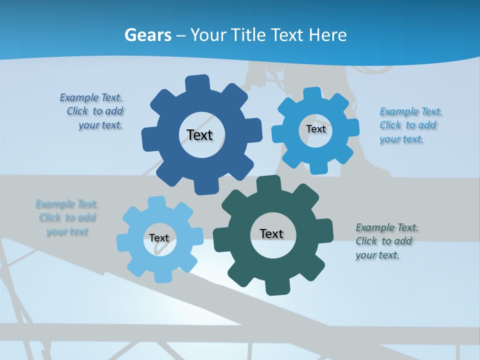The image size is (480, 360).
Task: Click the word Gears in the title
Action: click(x=148, y=35)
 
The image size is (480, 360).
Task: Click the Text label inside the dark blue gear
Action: click(x=199, y=135)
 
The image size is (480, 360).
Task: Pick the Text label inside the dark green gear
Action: click(x=271, y=233)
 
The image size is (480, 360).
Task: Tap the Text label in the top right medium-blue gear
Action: click(x=315, y=129)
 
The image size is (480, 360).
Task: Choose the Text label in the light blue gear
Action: click(x=159, y=238)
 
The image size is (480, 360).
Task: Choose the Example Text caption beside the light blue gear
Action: click(x=67, y=217)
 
